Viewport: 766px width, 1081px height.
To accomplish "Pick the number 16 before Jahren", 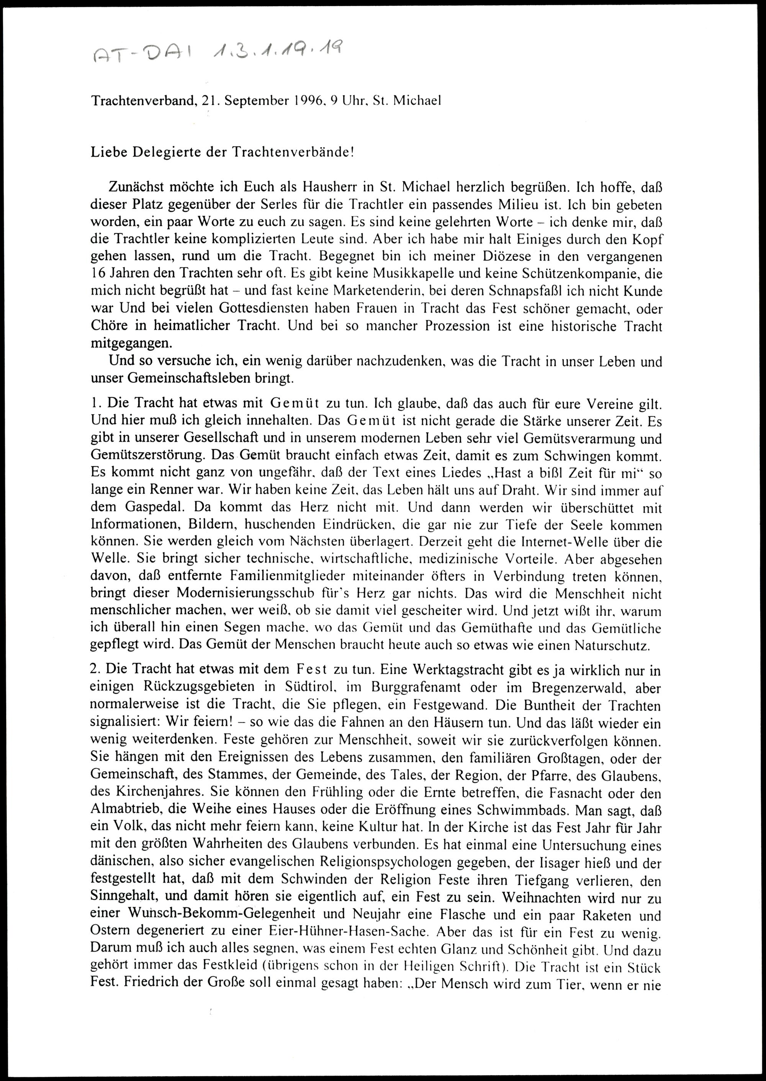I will click(99, 274).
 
